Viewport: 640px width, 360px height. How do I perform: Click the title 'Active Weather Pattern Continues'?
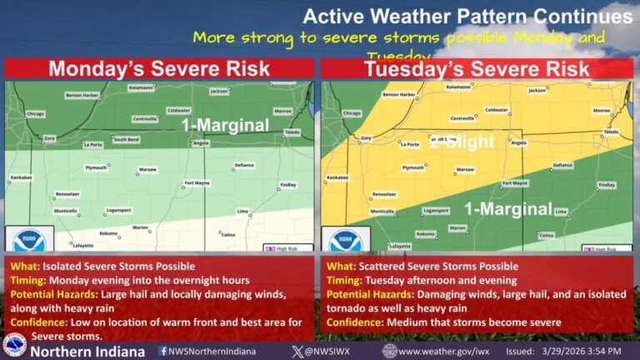(466, 16)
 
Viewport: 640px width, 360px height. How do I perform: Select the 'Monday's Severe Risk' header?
(159, 68)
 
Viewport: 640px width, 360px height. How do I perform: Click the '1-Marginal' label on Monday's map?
(226, 125)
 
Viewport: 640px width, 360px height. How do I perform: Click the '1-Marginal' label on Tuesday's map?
(508, 207)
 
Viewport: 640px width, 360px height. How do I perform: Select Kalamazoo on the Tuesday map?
(457, 87)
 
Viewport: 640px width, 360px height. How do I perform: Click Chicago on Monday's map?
(35, 112)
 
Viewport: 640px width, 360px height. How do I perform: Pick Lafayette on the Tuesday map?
(399, 247)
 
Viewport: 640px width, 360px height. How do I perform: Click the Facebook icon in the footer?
(162, 351)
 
